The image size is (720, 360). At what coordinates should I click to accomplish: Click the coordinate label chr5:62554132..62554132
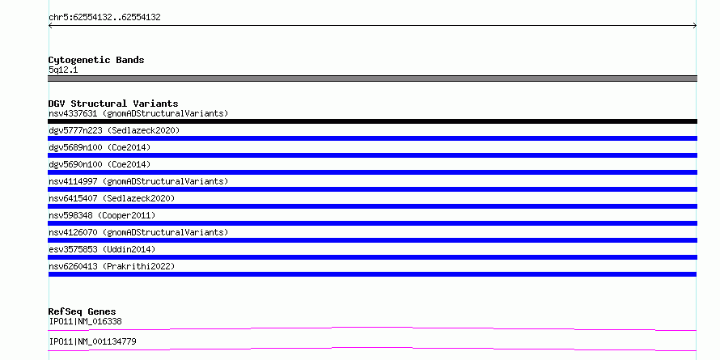tap(104, 18)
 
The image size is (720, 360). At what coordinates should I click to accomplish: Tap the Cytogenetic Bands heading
tap(96, 60)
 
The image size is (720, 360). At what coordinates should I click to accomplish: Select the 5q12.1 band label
tap(63, 70)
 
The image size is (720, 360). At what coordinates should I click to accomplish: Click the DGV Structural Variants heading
tap(113, 104)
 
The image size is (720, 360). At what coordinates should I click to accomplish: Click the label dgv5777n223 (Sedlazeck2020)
tap(114, 130)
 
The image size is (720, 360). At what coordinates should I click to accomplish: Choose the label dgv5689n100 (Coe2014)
tap(100, 147)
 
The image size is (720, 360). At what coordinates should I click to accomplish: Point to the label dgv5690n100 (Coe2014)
tap(100, 164)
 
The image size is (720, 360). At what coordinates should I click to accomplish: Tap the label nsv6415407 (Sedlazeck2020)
tap(112, 198)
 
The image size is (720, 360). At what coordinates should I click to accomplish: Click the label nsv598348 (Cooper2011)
tap(102, 215)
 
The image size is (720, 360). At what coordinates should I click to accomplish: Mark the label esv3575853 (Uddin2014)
tap(102, 249)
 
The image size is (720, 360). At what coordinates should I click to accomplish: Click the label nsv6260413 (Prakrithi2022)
tap(112, 266)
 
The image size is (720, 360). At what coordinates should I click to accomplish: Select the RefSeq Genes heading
tap(82, 311)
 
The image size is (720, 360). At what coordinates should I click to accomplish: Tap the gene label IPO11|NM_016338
tap(86, 321)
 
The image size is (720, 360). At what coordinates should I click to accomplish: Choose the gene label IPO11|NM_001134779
tap(92, 341)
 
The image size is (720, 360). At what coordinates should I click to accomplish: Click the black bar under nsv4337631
tap(372, 121)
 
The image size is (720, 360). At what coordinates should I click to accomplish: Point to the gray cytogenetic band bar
tap(372, 78)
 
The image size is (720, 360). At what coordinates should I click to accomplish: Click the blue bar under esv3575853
tap(372, 257)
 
